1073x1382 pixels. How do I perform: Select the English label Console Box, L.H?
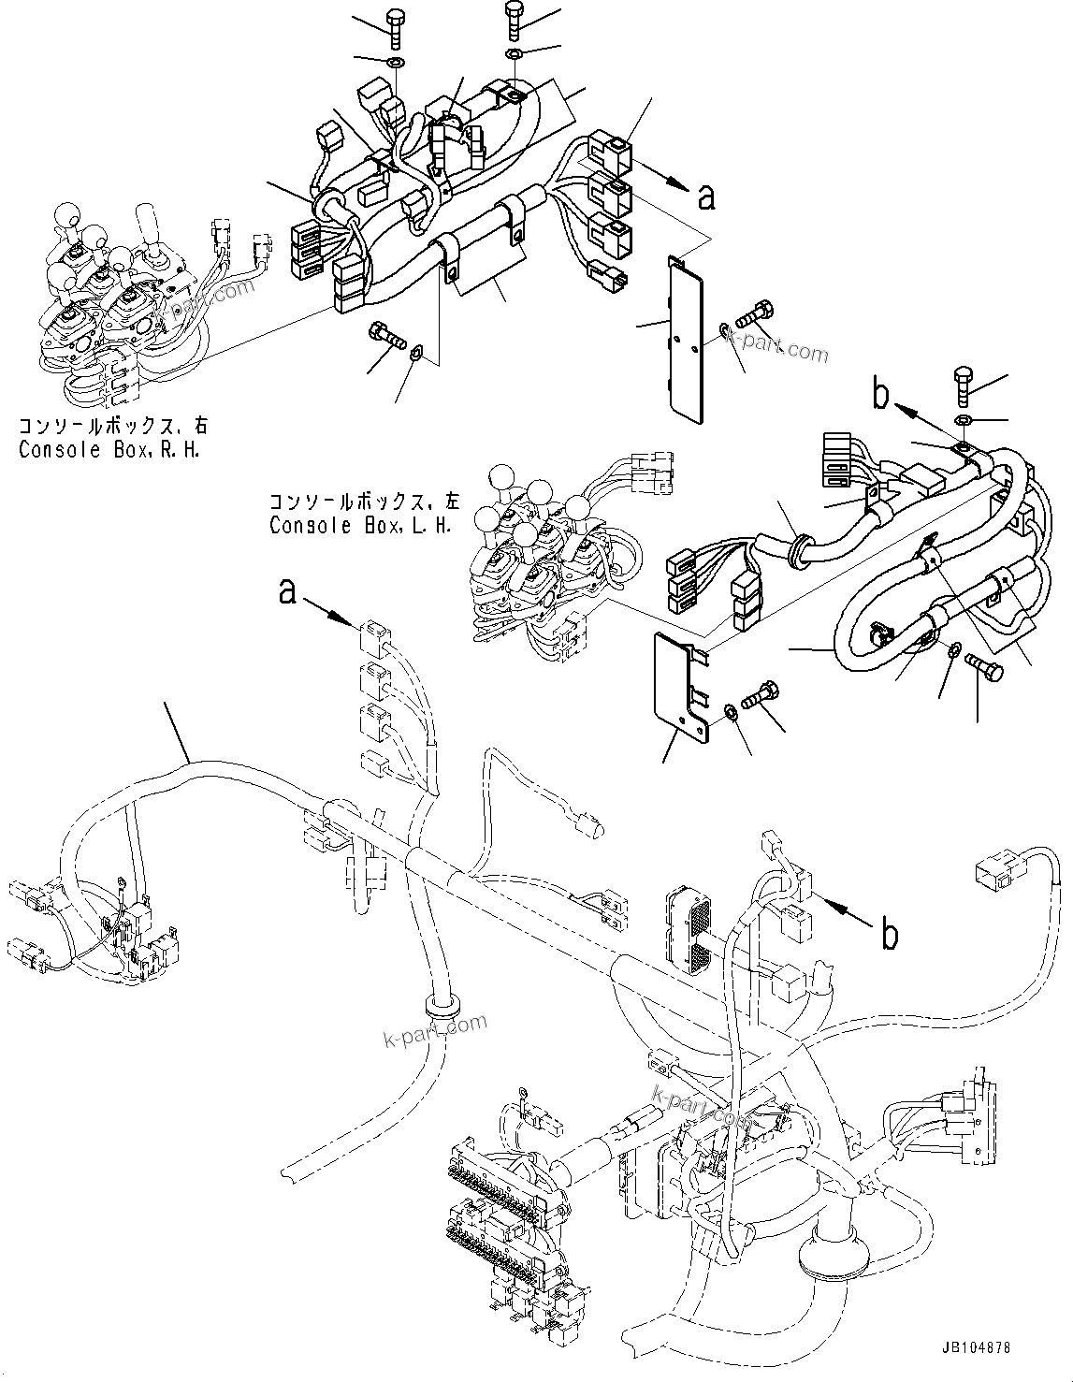coord(360,525)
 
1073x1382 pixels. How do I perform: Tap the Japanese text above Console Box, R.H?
coord(112,427)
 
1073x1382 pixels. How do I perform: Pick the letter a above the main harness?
coord(290,591)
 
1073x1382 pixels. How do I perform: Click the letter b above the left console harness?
coord(879,395)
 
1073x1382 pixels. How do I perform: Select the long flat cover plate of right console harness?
coord(689,332)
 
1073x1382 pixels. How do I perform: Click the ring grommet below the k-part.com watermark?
coord(442,1007)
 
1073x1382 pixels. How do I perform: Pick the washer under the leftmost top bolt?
coord(395,63)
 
